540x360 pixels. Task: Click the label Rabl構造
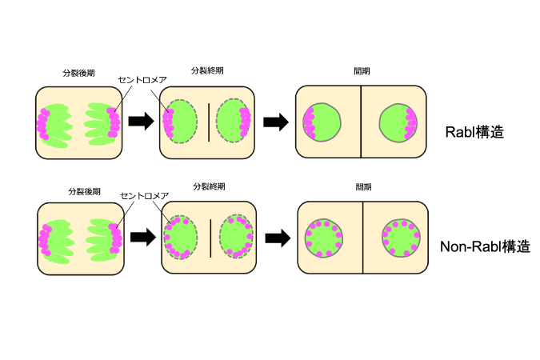[474, 132]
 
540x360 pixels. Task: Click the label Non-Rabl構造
[485, 246]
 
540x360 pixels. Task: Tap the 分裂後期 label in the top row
[78, 73]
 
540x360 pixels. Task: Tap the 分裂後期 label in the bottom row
[84, 191]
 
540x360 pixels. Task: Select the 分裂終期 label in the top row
[207, 70]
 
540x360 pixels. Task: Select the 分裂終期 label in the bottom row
[209, 186]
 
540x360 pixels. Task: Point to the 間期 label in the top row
[362, 71]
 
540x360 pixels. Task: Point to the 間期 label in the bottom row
[364, 187]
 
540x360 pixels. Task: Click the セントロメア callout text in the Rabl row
[142, 80]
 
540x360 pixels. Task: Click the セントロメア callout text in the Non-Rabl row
[145, 196]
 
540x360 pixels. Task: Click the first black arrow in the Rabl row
[141, 122]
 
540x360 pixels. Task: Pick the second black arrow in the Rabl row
[276, 122]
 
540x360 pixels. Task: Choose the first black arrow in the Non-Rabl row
[143, 237]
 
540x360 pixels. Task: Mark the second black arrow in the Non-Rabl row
[278, 238]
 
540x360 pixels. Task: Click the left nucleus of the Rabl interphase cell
[322, 122]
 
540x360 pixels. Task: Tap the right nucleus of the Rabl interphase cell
[398, 122]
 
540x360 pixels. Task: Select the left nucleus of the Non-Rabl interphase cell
[324, 238]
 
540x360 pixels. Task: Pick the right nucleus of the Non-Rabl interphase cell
[402, 238]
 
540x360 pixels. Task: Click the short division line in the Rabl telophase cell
[209, 122]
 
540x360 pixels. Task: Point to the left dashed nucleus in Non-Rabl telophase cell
[181, 238]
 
